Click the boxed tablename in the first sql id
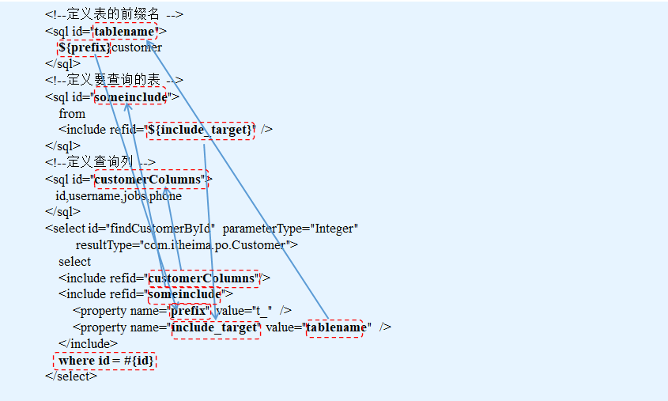(x=125, y=31)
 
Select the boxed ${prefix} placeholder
(x=84, y=47)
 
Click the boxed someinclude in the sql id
(x=130, y=96)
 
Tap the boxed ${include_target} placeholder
(x=201, y=130)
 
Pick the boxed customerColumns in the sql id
(x=149, y=179)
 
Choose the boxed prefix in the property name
(x=190, y=311)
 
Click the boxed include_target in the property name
(x=215, y=327)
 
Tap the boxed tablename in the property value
(x=335, y=327)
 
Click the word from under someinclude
(x=72, y=113)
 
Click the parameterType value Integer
(x=337, y=229)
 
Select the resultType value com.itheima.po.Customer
(x=214, y=245)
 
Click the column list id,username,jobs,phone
(x=118, y=195)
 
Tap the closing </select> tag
(x=71, y=376)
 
